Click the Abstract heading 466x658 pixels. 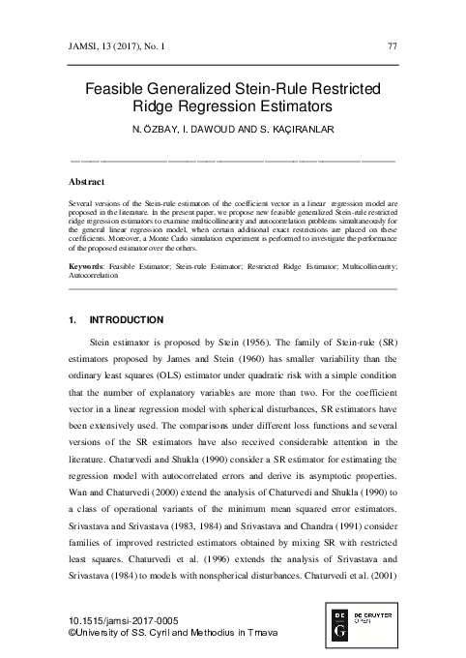(89, 182)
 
